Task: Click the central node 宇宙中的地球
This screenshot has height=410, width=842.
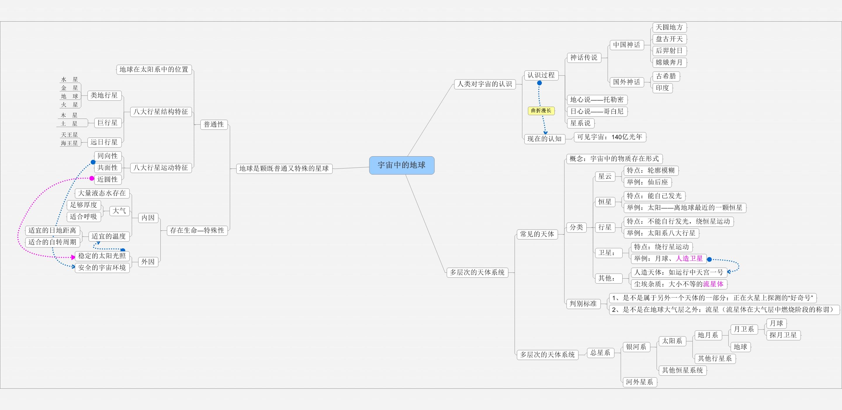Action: point(402,165)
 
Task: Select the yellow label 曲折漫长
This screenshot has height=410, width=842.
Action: point(541,111)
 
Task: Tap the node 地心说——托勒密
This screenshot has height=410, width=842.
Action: point(597,100)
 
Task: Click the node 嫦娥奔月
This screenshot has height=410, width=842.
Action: point(669,62)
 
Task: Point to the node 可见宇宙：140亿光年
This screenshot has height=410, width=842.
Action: point(610,137)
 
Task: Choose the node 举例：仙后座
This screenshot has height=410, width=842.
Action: point(647,182)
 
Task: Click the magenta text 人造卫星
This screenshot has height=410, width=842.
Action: point(689,258)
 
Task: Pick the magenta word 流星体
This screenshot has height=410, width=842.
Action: point(713,284)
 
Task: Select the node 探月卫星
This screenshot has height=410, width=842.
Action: point(784,335)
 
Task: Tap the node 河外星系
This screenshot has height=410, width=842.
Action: point(640,382)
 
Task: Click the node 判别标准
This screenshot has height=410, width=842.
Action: point(583,304)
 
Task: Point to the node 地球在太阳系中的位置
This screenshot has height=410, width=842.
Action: point(154,70)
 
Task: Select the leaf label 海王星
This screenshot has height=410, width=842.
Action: point(70,143)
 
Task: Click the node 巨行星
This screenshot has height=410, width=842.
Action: point(108,123)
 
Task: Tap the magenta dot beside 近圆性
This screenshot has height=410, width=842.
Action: point(92,178)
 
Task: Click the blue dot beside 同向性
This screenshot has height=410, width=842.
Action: point(93,162)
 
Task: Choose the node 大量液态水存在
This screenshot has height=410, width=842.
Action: point(102,193)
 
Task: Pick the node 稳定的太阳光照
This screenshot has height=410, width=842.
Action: point(102,256)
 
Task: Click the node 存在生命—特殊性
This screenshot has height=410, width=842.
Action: point(197,231)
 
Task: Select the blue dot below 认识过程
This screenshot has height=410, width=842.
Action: point(540,83)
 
